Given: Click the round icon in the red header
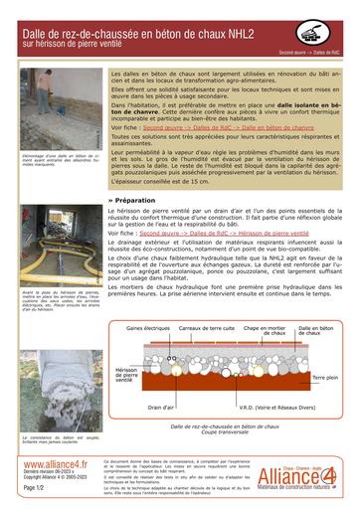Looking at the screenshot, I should tap(321, 32).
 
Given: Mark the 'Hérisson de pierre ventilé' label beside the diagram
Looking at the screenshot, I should tap(126, 372).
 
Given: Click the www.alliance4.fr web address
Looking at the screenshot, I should tap(55, 463).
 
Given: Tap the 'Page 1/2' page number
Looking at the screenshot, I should tap(34, 488).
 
